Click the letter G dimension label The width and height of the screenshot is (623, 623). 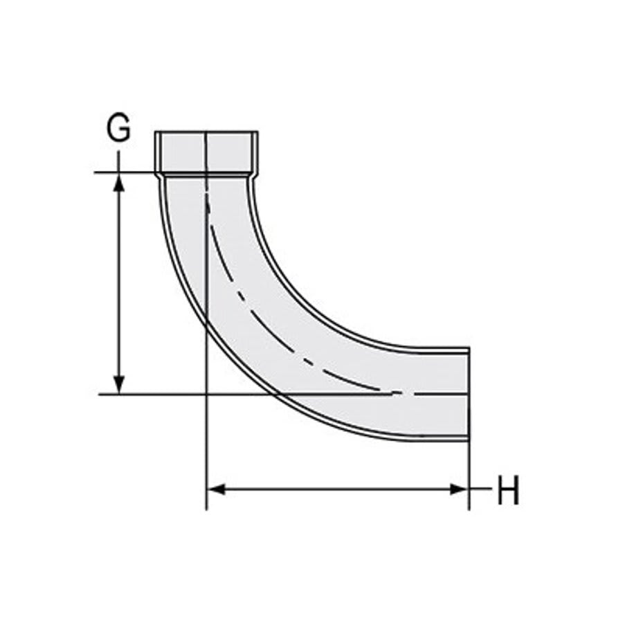[118, 129]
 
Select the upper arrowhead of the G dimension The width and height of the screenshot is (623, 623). [119, 181]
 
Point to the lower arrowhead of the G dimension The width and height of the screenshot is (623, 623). [119, 385]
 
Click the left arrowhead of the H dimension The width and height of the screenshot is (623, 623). [217, 489]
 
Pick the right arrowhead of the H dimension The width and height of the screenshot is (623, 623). [460, 489]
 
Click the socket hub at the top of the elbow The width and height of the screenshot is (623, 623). [206, 152]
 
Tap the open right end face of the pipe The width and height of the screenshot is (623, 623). [469, 394]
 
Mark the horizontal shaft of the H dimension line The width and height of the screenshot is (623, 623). [339, 489]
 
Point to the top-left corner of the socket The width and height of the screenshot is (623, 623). [155, 132]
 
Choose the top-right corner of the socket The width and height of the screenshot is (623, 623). [258, 132]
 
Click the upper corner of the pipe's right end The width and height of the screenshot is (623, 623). [469, 349]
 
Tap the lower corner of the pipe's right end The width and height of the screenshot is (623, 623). [469, 440]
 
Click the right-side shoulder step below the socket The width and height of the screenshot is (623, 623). [253, 177]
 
